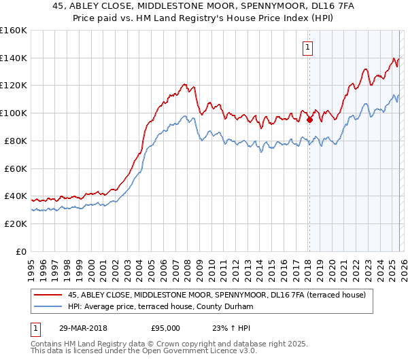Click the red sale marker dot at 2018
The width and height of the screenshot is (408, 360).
pyautogui.click(x=309, y=120)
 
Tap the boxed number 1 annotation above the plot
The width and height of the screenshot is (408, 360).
pyautogui.click(x=308, y=48)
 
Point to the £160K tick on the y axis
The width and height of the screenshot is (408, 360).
pyautogui.click(x=14, y=31)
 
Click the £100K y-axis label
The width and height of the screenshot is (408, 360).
pyautogui.click(x=14, y=113)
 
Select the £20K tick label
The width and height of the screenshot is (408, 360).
pyautogui.click(x=16, y=223)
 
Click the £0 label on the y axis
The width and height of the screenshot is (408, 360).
pyautogui.click(x=20, y=251)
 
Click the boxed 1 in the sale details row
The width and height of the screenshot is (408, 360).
pyautogui.click(x=35, y=327)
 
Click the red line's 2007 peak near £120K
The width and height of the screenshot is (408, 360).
pyautogui.click(x=184, y=84)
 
